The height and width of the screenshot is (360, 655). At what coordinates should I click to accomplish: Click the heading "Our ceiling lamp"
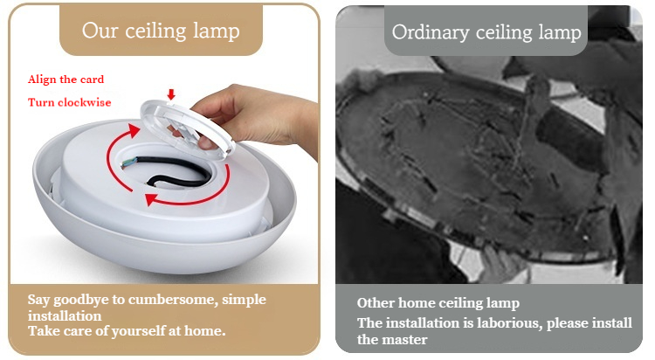click(161, 31)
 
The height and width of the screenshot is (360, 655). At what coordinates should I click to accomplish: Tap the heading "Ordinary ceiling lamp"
click(486, 32)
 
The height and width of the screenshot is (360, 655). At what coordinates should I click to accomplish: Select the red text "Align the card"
click(66, 80)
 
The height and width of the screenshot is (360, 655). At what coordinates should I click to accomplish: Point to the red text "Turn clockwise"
click(69, 102)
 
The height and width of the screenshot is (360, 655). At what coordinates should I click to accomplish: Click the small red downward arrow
click(171, 94)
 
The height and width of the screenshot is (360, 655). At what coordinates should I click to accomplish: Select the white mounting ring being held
click(188, 128)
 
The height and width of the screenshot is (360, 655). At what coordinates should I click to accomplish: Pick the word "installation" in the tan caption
click(65, 315)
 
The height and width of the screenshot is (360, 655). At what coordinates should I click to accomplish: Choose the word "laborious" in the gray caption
click(509, 323)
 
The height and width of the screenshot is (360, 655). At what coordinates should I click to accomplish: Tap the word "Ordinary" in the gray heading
click(431, 33)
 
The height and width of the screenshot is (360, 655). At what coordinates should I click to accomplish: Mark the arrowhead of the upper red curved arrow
click(134, 130)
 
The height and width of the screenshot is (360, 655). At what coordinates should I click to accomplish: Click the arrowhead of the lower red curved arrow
click(151, 199)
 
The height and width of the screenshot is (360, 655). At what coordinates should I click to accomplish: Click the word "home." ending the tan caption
click(204, 331)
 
